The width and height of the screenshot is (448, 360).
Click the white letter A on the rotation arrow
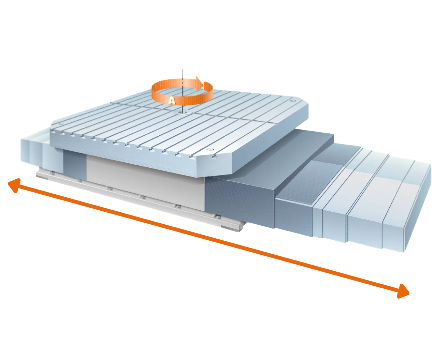click(x=172, y=101)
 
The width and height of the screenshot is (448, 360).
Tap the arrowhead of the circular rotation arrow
click(x=200, y=84)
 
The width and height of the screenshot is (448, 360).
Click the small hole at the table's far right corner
click(x=293, y=101)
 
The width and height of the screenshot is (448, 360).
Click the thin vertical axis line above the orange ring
click(x=183, y=74)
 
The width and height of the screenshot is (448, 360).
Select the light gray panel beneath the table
click(x=145, y=183)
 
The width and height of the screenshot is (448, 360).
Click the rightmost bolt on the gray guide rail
click(x=218, y=217)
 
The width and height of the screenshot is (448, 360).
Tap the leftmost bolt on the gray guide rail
click(x=52, y=172)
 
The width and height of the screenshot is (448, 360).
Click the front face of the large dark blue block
click(x=240, y=202)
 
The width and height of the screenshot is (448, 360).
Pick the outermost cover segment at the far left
click(x=25, y=151)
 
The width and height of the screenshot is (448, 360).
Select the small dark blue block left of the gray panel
click(x=75, y=165)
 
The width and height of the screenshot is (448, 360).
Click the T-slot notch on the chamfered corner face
click(x=214, y=156)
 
